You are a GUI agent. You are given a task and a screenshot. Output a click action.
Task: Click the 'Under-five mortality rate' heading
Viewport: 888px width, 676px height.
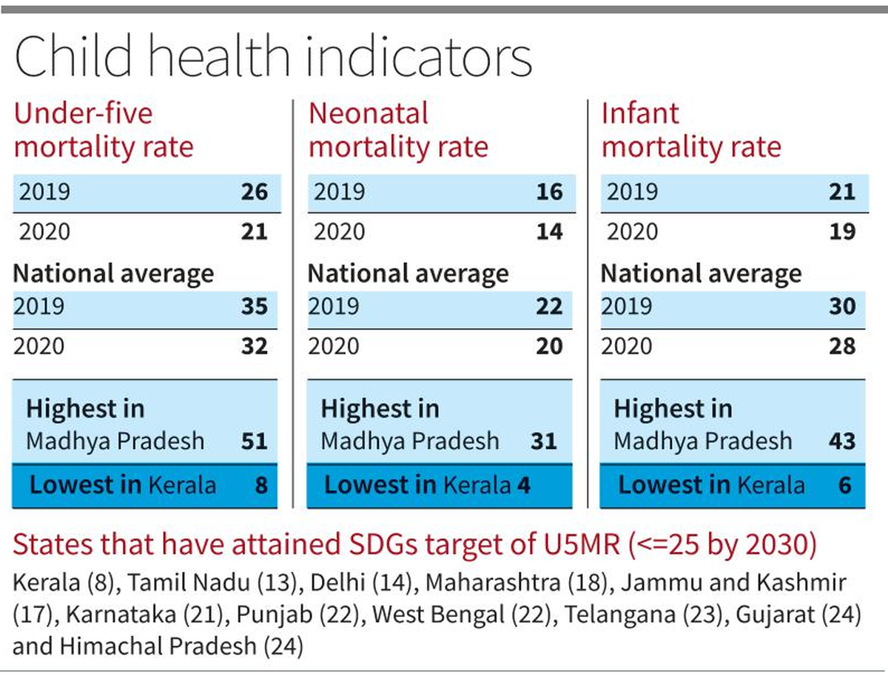104,130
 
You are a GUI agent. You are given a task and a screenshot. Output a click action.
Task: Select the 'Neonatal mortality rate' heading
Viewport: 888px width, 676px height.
398,130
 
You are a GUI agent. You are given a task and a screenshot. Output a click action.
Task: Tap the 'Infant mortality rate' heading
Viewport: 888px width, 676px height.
690,130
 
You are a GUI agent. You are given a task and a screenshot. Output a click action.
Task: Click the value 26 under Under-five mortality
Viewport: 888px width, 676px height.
254,192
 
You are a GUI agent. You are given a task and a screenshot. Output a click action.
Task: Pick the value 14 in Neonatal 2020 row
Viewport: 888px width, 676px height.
548,231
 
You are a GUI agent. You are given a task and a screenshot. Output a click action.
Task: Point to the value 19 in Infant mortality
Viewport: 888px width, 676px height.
842,231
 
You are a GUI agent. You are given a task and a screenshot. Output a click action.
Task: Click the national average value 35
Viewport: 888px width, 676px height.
254,306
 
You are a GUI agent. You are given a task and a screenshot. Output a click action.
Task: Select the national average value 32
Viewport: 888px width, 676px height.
254,346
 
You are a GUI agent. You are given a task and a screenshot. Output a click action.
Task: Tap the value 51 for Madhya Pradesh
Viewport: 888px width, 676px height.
254,442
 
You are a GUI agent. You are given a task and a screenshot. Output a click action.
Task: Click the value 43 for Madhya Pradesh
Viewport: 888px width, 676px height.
842,442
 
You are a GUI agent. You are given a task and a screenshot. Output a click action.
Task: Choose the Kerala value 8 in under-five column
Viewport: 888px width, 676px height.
260,485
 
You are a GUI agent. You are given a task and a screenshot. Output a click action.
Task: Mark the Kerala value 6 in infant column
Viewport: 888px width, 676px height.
845,485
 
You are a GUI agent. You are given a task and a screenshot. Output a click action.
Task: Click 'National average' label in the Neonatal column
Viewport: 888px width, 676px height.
408,274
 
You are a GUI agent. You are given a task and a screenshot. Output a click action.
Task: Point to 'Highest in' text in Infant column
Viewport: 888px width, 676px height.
673,409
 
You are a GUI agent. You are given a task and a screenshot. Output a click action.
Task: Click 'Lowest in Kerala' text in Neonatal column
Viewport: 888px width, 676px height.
417,485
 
